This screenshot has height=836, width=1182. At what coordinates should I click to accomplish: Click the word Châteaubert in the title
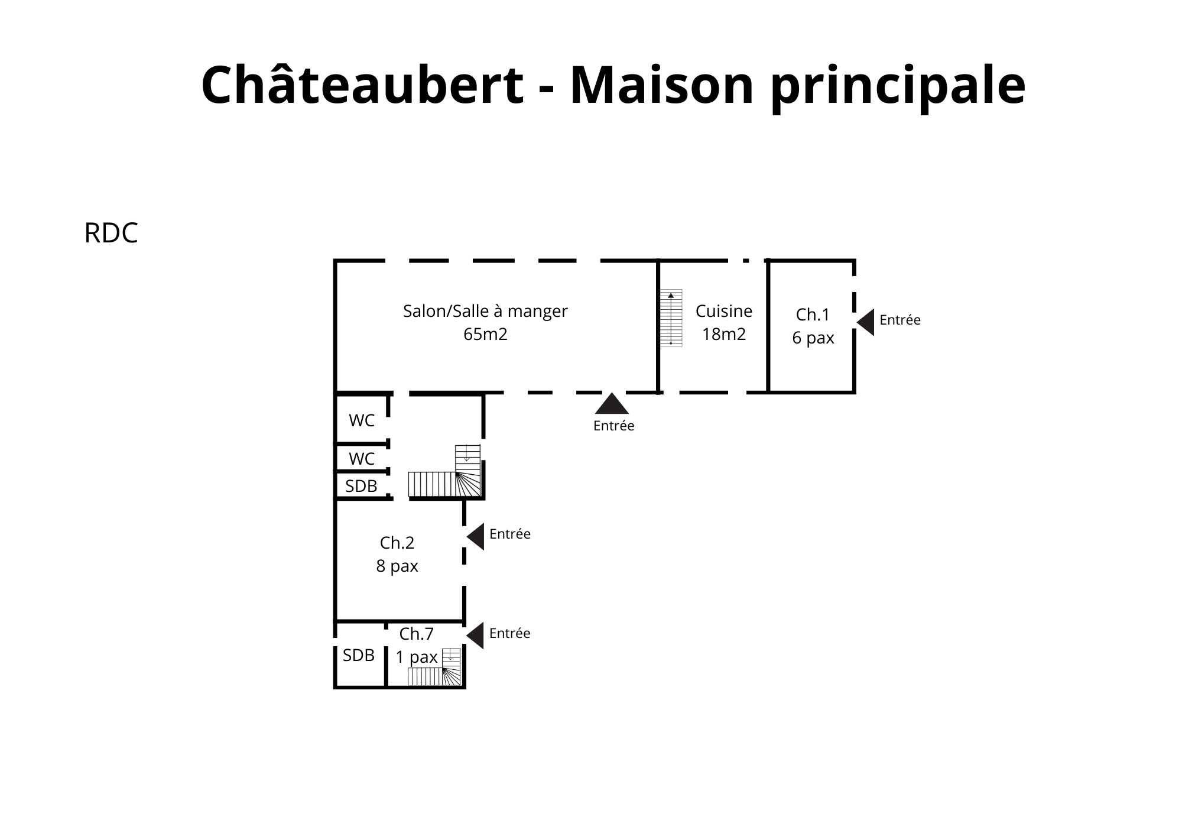point(362,85)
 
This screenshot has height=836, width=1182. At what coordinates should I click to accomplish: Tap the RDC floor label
point(111,233)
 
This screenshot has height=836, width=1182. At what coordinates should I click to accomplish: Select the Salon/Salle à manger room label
point(485,311)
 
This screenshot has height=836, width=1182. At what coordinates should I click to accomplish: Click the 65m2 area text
point(485,335)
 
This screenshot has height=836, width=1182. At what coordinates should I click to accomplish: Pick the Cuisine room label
point(723,311)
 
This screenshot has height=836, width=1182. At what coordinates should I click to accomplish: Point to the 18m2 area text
point(723,335)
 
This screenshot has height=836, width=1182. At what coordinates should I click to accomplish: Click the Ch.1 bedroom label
point(813,315)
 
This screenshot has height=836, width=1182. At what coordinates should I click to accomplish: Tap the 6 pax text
point(813,338)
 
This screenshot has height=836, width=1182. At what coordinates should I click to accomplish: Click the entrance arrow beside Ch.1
point(866,322)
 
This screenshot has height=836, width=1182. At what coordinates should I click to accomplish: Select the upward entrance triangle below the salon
point(612,404)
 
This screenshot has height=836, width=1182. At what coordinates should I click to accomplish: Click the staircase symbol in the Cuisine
point(671,318)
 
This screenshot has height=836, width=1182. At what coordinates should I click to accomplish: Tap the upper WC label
point(362,420)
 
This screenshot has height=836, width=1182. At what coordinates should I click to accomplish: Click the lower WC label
point(362,459)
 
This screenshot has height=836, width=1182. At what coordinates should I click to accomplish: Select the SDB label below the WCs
point(361,486)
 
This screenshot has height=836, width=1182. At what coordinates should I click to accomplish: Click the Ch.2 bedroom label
point(397,543)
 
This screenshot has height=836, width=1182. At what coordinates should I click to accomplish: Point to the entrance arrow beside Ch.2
point(476,536)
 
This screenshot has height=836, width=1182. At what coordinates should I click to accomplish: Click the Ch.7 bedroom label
point(417,634)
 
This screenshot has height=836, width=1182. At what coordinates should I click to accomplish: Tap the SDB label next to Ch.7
point(359,655)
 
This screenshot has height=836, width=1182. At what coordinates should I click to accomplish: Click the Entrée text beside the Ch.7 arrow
point(509,633)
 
